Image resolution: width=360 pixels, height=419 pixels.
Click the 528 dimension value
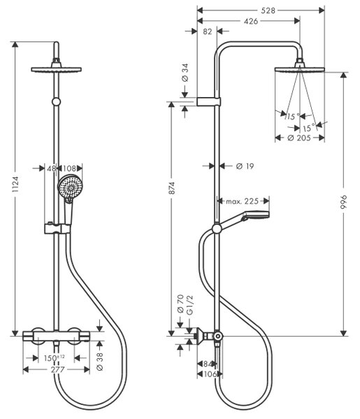268,10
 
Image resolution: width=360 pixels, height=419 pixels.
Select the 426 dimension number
251,21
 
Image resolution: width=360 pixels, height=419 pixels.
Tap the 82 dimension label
208,31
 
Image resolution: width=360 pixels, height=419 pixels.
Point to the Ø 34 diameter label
185,73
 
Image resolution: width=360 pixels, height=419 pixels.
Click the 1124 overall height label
15,184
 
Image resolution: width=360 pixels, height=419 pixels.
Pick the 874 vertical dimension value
171,188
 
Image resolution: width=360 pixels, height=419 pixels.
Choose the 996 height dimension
344,202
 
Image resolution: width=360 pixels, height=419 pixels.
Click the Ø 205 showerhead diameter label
299,138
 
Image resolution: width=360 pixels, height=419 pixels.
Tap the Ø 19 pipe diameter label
245,166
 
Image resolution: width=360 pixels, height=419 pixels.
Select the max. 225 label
243,201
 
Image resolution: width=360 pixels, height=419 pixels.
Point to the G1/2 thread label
189,305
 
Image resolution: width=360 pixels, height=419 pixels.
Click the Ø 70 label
180,304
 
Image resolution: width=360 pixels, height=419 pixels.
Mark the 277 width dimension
58,369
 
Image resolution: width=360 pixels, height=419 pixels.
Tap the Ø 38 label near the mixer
99,362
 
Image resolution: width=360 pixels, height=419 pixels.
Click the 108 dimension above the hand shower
69,168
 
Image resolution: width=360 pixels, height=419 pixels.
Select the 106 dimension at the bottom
210,374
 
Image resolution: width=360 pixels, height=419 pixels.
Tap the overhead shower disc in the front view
56,69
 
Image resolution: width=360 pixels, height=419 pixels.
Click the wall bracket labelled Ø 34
208,101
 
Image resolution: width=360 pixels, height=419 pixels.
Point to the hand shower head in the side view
255,214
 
